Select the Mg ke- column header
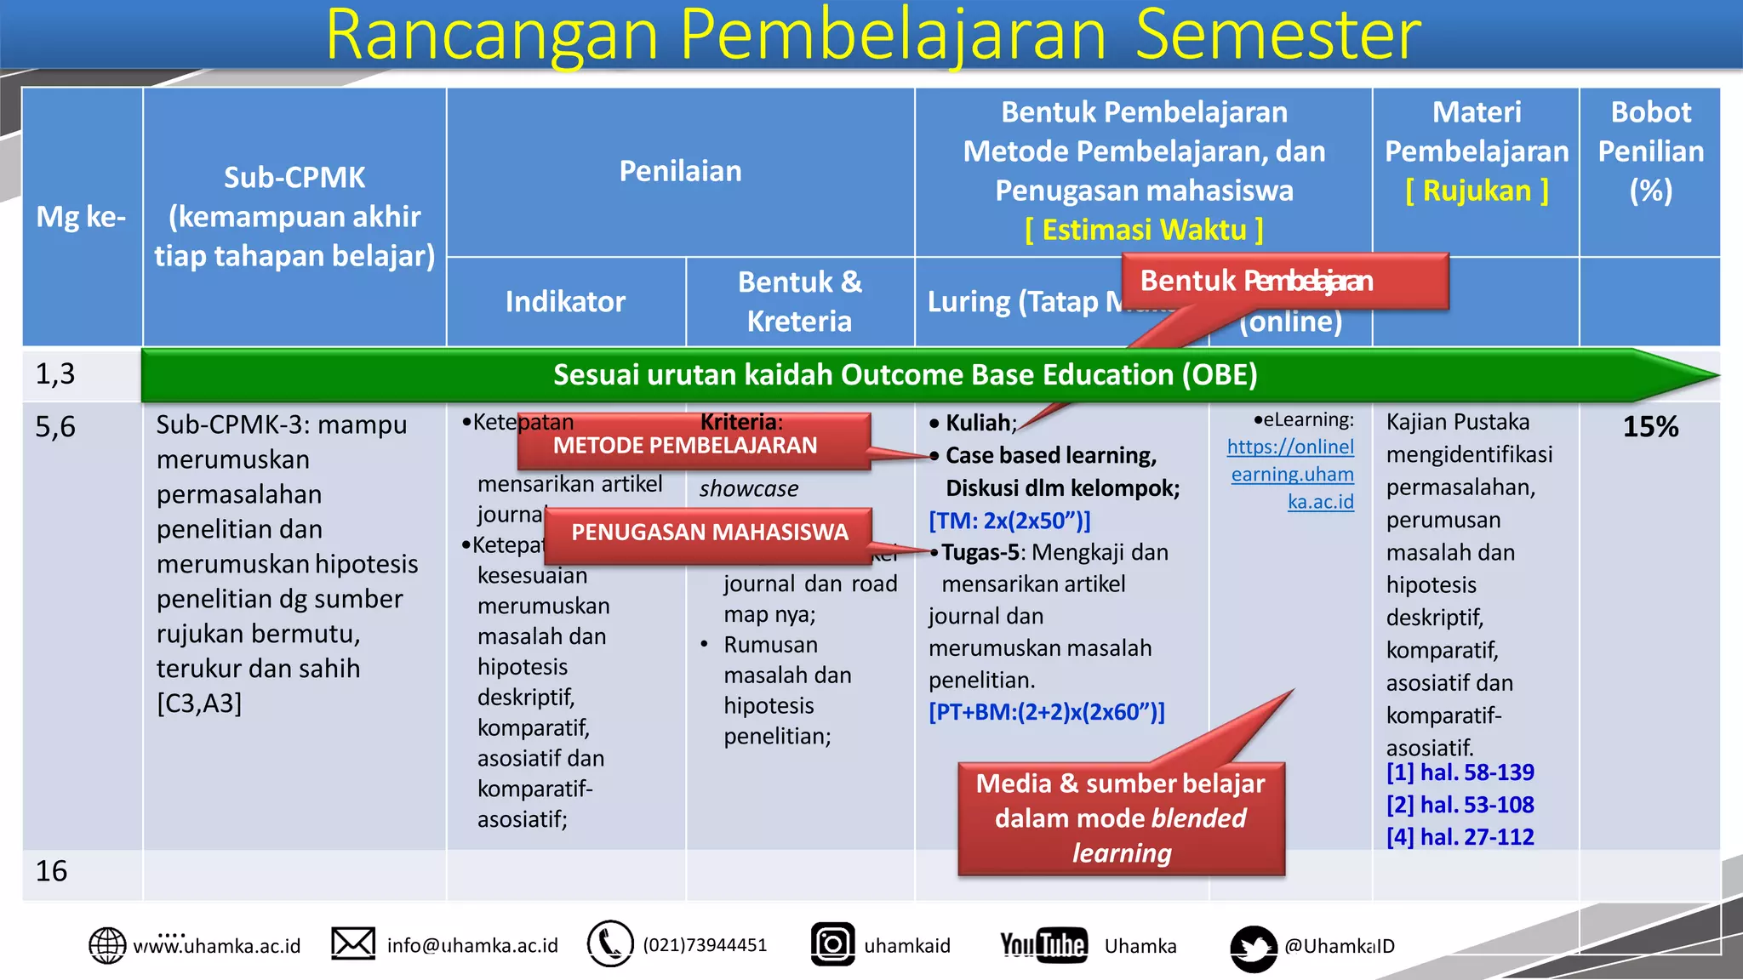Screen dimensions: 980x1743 (81, 217)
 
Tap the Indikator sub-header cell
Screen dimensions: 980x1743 (565, 302)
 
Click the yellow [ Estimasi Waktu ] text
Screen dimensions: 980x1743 (1144, 230)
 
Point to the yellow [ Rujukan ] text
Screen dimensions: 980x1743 (1477, 191)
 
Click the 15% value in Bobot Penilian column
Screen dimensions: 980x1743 (1650, 426)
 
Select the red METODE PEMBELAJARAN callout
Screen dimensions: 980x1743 (685, 445)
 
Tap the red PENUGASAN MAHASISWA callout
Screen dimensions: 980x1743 (709, 533)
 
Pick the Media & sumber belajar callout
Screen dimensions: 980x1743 (1121, 818)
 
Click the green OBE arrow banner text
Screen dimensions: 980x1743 (905, 374)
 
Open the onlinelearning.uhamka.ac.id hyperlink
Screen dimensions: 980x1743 (1291, 474)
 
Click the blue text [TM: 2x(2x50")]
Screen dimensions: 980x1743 (1009, 521)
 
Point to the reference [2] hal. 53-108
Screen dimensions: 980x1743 (1460, 805)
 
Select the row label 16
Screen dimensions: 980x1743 (52, 871)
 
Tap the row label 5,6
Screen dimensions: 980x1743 (55, 426)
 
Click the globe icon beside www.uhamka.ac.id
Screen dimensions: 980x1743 (107, 945)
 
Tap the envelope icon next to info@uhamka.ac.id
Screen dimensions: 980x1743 (353, 943)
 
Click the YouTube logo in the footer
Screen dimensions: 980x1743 (1043, 944)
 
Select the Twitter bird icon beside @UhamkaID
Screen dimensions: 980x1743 (1254, 948)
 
